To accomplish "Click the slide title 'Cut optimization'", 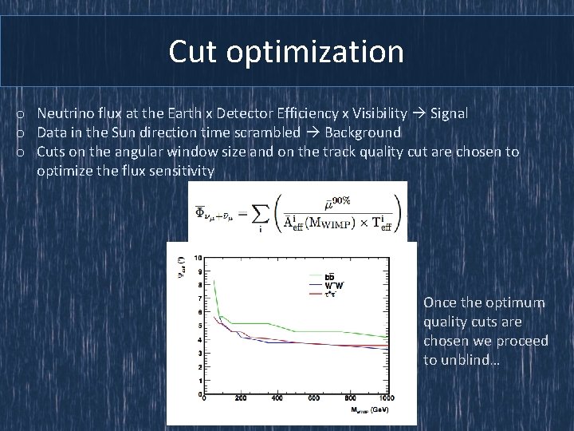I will point(286,52).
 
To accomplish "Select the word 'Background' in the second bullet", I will point(363,132).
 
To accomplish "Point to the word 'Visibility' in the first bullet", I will point(378,113).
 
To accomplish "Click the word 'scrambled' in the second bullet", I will point(269,132).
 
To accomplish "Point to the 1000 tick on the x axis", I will point(387,399).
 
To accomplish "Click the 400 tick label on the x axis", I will point(277,399).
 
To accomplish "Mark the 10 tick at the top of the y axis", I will point(198,258).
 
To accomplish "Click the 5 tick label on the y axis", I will point(199,326).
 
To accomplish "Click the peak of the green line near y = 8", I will point(213,280).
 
